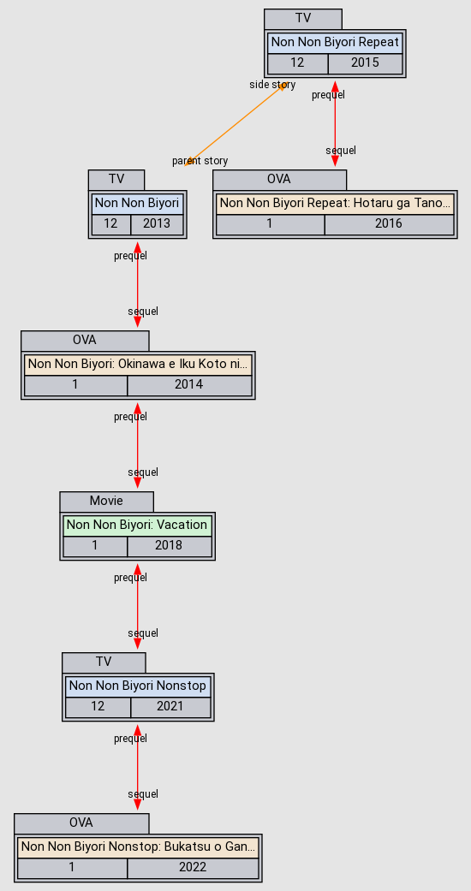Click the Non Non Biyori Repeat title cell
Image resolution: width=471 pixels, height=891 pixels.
click(x=335, y=43)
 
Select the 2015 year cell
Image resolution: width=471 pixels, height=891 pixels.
click(x=365, y=63)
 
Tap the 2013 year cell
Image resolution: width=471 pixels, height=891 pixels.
click(x=157, y=224)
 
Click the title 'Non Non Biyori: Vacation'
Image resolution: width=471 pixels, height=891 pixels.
click(x=137, y=525)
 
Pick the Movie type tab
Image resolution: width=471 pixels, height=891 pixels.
click(x=106, y=502)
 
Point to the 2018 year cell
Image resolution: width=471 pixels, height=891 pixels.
click(x=170, y=546)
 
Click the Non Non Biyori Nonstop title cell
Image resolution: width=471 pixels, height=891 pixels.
click(x=138, y=686)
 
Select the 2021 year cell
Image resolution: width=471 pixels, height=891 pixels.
click(x=170, y=707)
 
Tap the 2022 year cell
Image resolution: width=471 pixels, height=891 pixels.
click(x=193, y=868)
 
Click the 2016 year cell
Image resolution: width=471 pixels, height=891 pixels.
click(x=389, y=224)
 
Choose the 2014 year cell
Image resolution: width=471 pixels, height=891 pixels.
click(x=189, y=385)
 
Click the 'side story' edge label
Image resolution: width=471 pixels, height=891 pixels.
click(x=272, y=85)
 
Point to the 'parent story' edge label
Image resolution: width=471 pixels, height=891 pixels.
click(x=200, y=161)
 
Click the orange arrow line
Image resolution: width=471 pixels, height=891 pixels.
click(x=235, y=124)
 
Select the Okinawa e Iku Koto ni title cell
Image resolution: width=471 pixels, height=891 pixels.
click(x=138, y=365)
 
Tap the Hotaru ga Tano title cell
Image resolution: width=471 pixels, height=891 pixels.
click(x=335, y=204)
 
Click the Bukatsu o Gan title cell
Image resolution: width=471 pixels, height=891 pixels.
click(x=138, y=846)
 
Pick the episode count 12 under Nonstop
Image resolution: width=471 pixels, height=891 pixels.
click(x=98, y=707)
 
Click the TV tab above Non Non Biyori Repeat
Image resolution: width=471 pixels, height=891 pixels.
click(x=303, y=18)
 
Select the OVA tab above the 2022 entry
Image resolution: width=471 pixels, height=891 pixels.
click(x=81, y=823)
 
